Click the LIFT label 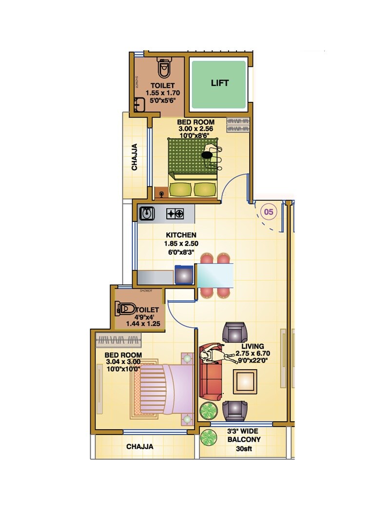tap(219, 83)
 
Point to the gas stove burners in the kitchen tap(175, 213)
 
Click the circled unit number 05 tap(269, 212)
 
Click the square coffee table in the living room tap(245, 381)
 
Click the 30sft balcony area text tap(244, 448)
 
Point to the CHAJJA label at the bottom tap(140, 446)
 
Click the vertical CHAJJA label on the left tap(135, 157)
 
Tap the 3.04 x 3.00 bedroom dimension tap(123, 362)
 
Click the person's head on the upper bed tap(207, 155)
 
